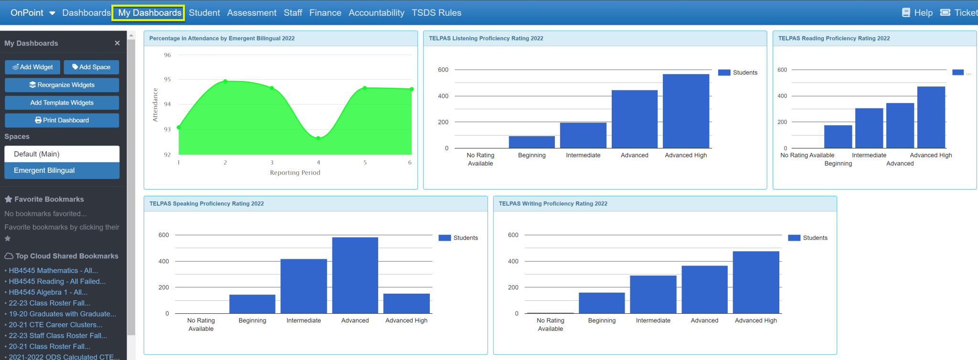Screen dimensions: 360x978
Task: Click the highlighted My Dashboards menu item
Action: pos(149,13)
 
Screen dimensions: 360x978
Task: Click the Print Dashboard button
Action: pos(62,120)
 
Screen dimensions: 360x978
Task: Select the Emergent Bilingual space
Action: pos(62,170)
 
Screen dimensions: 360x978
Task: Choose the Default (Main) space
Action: pos(62,154)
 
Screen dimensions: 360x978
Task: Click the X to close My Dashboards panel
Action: pos(117,43)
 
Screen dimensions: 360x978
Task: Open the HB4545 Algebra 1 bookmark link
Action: pos(48,292)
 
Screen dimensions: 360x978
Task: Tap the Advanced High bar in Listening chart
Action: pos(686,111)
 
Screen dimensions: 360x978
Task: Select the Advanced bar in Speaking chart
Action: pos(355,275)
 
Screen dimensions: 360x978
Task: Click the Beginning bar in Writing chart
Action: pos(602,303)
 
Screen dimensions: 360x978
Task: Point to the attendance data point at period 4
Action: pos(319,138)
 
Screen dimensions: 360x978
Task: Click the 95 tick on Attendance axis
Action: pos(167,80)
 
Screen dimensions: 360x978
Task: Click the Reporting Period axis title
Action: pos(295,173)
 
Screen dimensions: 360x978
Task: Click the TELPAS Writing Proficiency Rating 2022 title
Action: pos(553,204)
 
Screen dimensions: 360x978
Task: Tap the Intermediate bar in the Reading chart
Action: pos(869,128)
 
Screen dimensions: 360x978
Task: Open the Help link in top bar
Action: pos(917,13)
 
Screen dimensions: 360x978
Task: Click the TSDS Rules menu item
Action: pos(436,13)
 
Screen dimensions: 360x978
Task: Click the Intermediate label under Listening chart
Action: pos(583,155)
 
